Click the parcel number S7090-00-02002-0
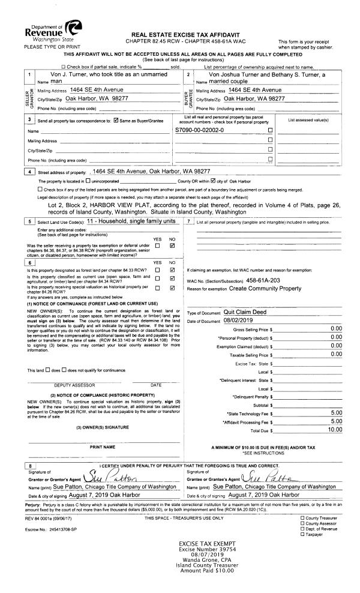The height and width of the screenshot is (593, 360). [200, 130]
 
